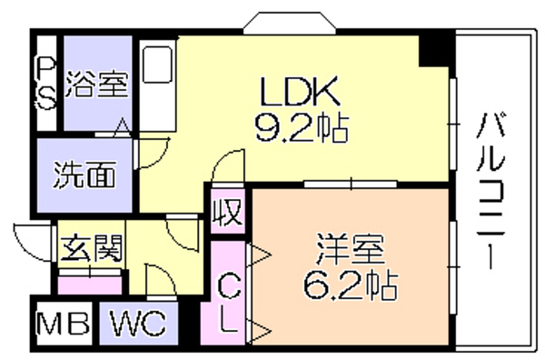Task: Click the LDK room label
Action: pyautogui.click(x=301, y=91)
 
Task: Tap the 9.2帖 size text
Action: pyautogui.click(x=302, y=127)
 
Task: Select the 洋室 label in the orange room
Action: pyautogui.click(x=351, y=250)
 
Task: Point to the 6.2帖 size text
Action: pyautogui.click(x=351, y=286)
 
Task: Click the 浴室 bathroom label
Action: pyautogui.click(x=97, y=84)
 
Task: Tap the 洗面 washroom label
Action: pyautogui.click(x=84, y=175)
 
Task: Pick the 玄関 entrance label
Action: pyautogui.click(x=92, y=248)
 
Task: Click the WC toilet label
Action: pyautogui.click(x=138, y=323)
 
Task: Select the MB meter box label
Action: pyautogui.click(x=64, y=324)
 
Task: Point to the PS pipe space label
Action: pyautogui.click(x=46, y=84)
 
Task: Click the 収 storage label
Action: pyautogui.click(x=228, y=212)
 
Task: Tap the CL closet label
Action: pyautogui.click(x=229, y=302)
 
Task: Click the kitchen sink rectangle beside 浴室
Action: pyautogui.click(x=158, y=65)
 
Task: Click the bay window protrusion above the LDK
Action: pyautogui.click(x=290, y=23)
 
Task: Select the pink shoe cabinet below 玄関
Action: pyautogui.click(x=90, y=285)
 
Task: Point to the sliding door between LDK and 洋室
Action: pyautogui.click(x=351, y=184)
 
